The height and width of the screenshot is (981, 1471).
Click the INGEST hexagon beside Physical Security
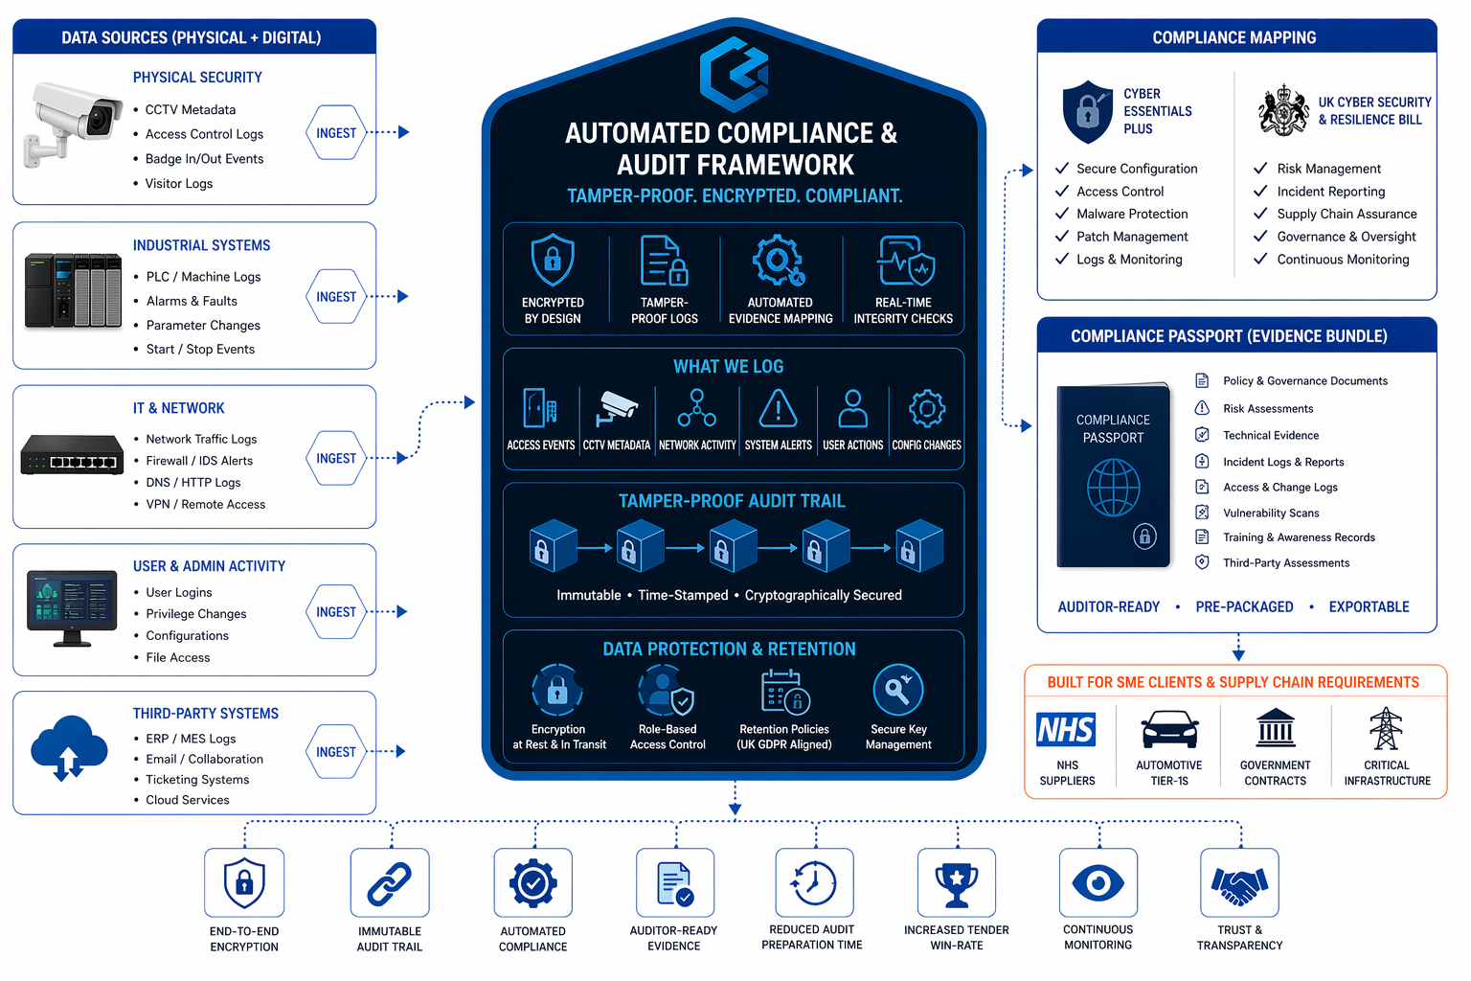336,133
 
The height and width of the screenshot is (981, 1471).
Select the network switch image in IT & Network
73,455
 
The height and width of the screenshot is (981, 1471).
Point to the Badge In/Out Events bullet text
204,159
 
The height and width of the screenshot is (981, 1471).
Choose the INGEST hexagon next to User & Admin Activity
336,612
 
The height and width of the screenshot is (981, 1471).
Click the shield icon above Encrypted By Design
553,260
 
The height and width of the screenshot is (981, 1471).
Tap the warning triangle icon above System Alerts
779,408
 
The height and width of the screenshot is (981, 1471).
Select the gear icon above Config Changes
926,408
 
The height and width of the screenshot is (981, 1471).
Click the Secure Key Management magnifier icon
898,690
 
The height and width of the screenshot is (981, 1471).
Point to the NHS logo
1066,730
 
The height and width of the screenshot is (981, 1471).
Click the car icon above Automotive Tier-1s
1169,729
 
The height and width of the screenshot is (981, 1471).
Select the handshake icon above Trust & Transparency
1239,883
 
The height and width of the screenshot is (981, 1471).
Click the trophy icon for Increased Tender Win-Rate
956,883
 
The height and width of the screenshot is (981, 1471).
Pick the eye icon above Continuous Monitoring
1098,882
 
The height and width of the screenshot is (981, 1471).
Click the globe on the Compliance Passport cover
1113,487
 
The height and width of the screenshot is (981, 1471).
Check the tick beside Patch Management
1062,237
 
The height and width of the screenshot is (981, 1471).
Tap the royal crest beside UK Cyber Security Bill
1283,111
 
